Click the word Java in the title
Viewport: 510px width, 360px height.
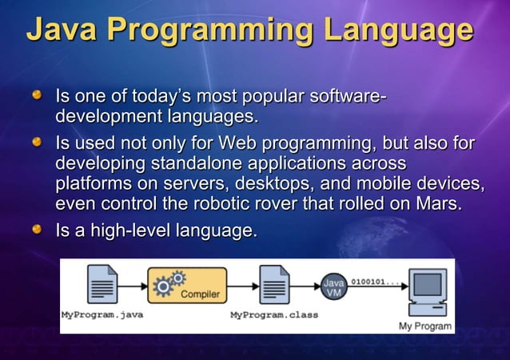62,30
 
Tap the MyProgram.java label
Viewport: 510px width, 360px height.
102,314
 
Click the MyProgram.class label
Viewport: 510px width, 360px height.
273,314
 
